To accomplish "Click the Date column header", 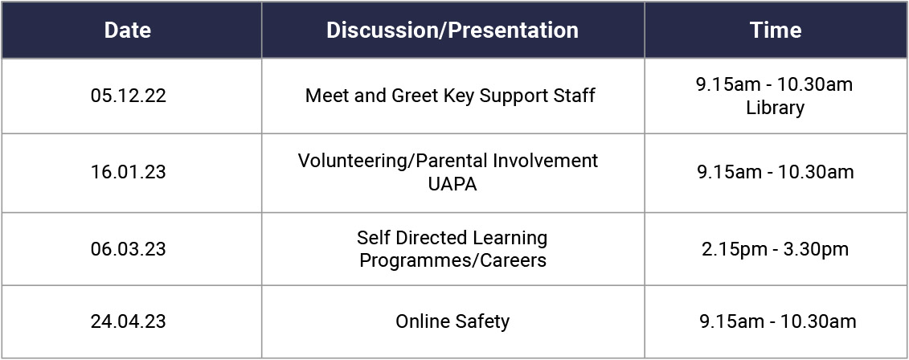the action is (x=128, y=31).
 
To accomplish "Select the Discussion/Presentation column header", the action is (x=452, y=31).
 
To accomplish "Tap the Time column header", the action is (x=776, y=31).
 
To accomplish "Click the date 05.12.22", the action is (x=128, y=96).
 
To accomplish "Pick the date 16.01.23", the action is (x=128, y=173).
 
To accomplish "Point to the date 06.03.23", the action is (x=128, y=249).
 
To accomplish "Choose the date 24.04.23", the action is (x=128, y=321).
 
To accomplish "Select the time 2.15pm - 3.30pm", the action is (x=776, y=249).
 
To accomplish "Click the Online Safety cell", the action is (x=452, y=321).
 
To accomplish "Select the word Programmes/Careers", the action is (x=452, y=261).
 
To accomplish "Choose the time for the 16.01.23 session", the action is (x=776, y=173).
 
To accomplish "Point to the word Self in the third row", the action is (x=371, y=238).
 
